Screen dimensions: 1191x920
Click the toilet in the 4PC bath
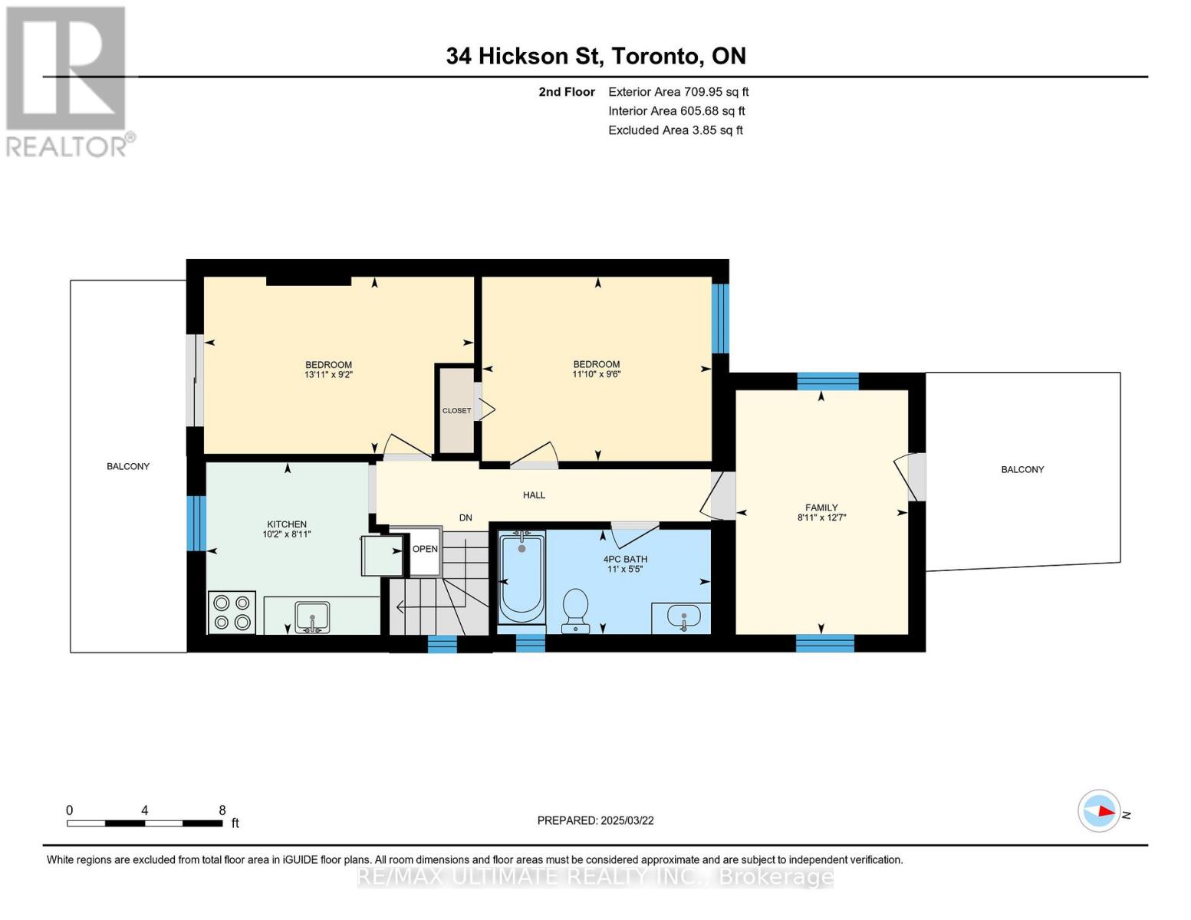pyautogui.click(x=575, y=610)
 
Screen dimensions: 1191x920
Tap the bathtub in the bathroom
pyautogui.click(x=521, y=577)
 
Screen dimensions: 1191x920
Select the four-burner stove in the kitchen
pyautogui.click(x=232, y=612)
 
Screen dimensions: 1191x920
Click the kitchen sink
pyautogui.click(x=312, y=617)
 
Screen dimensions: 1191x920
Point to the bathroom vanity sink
pyautogui.click(x=683, y=617)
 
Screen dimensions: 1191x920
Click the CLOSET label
pyautogui.click(x=456, y=410)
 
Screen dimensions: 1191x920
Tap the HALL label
pyautogui.click(x=534, y=495)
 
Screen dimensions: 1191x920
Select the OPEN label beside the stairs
pyautogui.click(x=425, y=549)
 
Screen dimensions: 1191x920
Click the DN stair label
pyautogui.click(x=466, y=517)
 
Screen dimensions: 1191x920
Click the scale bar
pyautogui.click(x=145, y=823)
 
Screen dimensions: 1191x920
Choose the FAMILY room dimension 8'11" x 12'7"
pyautogui.click(x=821, y=517)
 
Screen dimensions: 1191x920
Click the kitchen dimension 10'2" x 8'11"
pyautogui.click(x=287, y=534)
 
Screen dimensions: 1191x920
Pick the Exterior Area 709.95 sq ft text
pyautogui.click(x=678, y=92)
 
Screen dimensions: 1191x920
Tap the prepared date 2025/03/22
pyautogui.click(x=627, y=820)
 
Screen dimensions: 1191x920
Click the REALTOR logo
pyautogui.click(x=68, y=82)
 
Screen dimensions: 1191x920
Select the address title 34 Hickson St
pyautogui.click(x=525, y=56)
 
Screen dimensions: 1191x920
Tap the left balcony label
pyautogui.click(x=128, y=466)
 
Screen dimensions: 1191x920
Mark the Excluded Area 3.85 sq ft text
pyautogui.click(x=675, y=130)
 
